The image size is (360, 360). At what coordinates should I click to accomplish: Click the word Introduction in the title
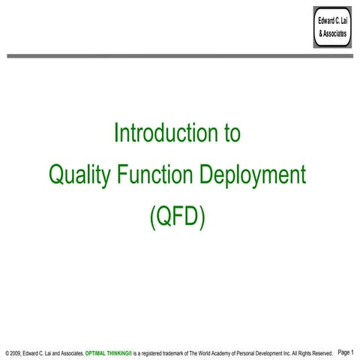pyautogui.click(x=158, y=133)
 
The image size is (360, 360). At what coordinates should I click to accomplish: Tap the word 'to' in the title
pyautogui.click(x=230, y=133)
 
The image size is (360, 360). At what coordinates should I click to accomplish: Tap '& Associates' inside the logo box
pyautogui.click(x=332, y=34)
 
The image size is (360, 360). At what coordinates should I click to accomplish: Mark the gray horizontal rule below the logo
pyautogui.click(x=180, y=55)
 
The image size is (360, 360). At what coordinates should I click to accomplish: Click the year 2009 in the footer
pyautogui.click(x=16, y=352)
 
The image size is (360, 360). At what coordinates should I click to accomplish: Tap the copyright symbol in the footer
pyautogui.click(x=6, y=352)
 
